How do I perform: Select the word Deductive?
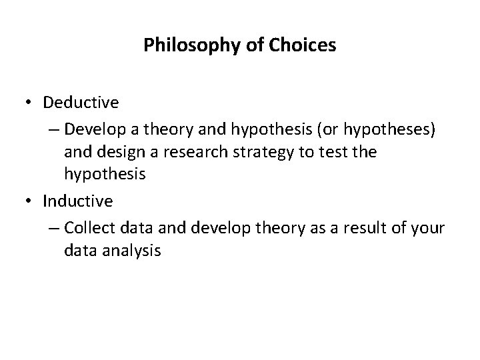[81, 103]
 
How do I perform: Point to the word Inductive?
[77, 200]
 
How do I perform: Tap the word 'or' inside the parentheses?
[334, 127]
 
